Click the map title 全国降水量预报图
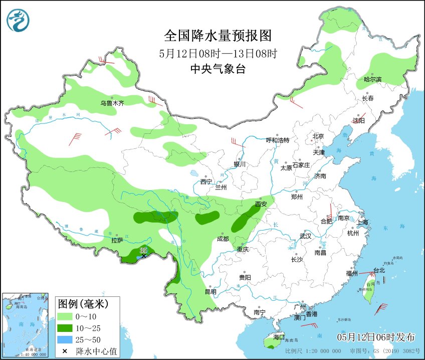point(218,36)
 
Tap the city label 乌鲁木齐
point(112,103)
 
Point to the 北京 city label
point(318,136)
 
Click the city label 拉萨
point(117,240)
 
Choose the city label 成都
point(224,239)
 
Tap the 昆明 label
point(210,291)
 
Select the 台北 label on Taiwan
point(379,270)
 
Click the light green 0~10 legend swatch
point(65,317)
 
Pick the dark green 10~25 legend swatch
point(65,328)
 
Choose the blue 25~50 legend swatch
point(65,340)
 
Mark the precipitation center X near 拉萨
point(144,256)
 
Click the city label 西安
point(261,204)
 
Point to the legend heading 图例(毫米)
point(83,304)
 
